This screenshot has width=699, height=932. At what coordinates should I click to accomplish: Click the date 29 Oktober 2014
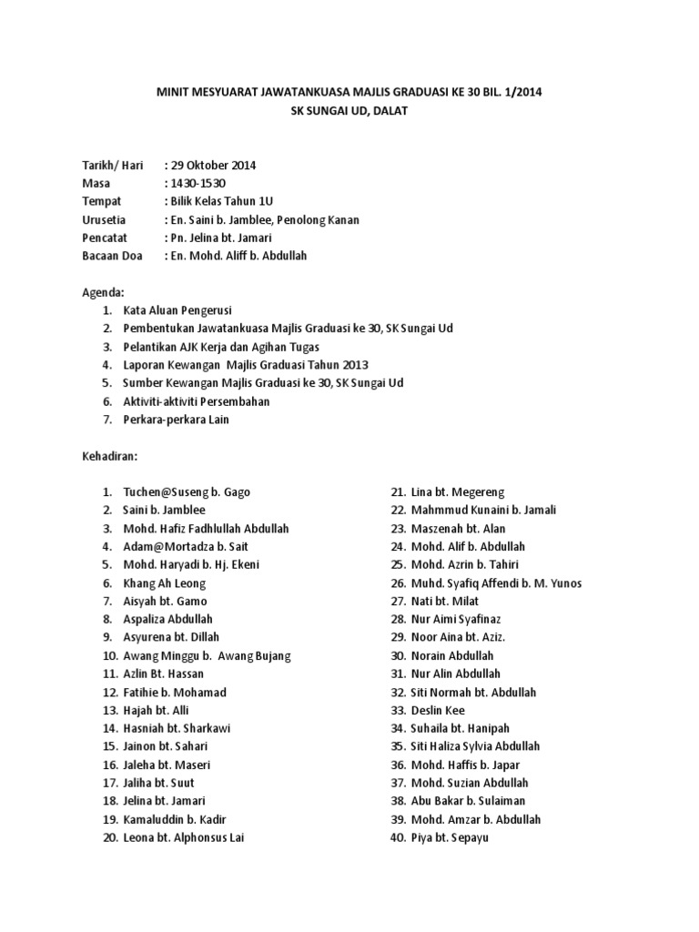coord(213,166)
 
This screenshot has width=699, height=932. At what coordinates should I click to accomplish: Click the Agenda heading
coord(102,292)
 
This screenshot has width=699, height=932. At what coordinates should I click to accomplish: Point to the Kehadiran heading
coord(109,456)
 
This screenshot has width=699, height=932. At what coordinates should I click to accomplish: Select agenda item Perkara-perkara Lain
coord(177,420)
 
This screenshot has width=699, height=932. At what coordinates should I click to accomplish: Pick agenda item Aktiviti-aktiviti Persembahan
coord(197,401)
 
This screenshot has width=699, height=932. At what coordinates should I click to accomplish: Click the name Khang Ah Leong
coord(165,583)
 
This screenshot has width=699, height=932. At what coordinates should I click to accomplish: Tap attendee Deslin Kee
coord(441,710)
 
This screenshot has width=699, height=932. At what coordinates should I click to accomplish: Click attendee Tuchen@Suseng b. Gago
coord(187,492)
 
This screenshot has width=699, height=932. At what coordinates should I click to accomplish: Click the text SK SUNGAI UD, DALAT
coord(349,111)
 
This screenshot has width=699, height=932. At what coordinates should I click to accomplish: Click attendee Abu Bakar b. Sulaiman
coord(468,801)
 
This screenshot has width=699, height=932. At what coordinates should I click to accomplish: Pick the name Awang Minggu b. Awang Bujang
coord(208,655)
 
